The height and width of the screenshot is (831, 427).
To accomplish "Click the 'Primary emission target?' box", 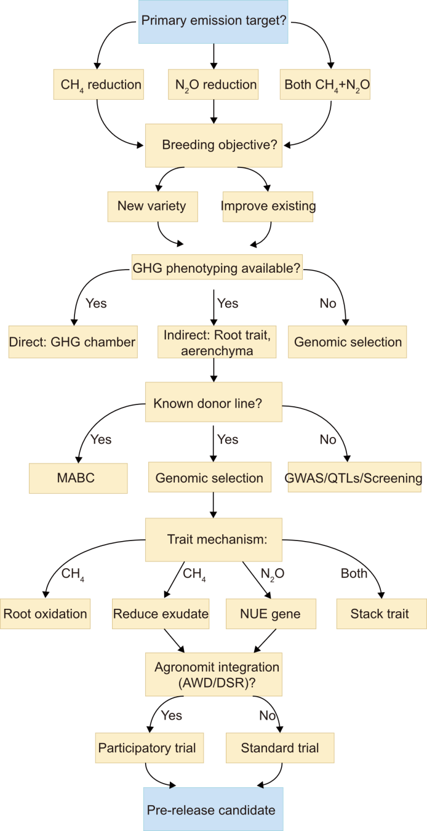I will tap(213, 22).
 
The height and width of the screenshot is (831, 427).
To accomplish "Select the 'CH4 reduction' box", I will tap(97, 84).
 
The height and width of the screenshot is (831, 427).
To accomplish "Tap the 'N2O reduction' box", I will tap(213, 84).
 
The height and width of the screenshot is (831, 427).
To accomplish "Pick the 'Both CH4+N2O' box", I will tap(327, 84).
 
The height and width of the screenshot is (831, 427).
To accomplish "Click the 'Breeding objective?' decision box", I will tap(213, 145).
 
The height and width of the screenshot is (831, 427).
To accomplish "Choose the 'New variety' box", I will tap(153, 206).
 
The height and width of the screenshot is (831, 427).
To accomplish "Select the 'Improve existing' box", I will tap(268, 206).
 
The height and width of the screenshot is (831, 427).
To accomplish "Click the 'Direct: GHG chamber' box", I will tap(73, 342).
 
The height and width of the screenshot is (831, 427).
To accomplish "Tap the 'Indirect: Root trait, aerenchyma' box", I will tap(213, 342).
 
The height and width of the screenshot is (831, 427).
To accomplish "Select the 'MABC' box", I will tap(78, 478).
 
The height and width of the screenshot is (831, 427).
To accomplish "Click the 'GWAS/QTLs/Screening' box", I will tap(354, 478).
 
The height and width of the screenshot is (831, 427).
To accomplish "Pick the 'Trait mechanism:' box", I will tap(213, 539).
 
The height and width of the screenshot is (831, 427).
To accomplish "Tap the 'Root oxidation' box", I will tap(45, 613).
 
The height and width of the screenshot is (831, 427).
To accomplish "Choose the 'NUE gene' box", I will tap(270, 613).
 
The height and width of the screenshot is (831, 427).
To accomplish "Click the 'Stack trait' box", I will tap(381, 613).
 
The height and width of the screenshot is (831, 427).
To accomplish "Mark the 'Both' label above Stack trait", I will tap(354, 574).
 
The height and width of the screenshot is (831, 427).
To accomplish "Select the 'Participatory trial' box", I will tap(147, 749).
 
